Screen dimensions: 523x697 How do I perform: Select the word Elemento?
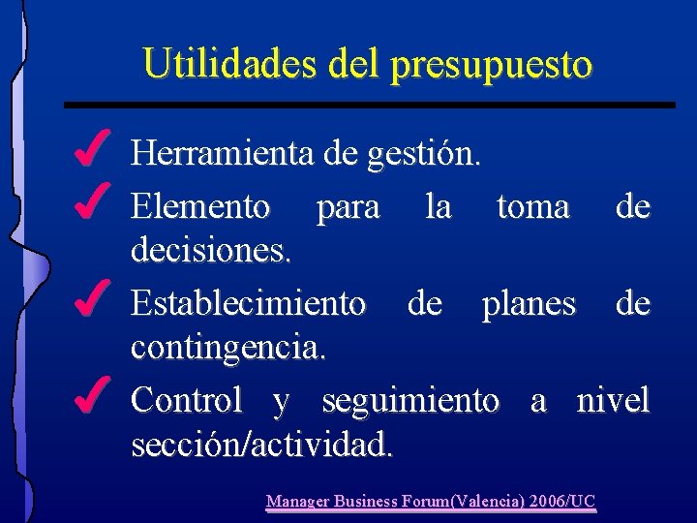[200, 206]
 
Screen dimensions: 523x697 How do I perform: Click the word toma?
[532, 206]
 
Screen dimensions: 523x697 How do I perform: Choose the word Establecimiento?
[248, 303]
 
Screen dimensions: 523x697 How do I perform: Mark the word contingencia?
[228, 348]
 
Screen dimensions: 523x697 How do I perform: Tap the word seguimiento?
[410, 401]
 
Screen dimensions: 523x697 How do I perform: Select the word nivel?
[613, 399]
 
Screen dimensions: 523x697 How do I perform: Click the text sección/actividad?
[261, 445]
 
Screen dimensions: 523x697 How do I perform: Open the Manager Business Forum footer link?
[431, 502]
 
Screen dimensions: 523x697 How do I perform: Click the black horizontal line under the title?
[369, 104]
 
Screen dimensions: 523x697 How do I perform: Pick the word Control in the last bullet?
[186, 399]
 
